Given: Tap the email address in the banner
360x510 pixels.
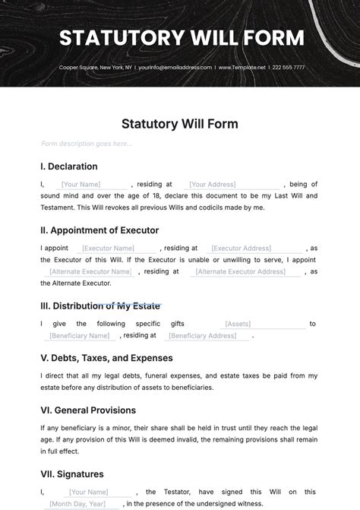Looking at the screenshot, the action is (176, 68).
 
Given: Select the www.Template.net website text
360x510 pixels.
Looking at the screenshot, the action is (242, 68).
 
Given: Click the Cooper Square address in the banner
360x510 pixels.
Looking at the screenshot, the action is (96, 68).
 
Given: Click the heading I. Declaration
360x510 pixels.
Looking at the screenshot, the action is (69, 166).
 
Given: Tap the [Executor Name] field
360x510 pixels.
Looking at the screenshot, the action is (108, 248).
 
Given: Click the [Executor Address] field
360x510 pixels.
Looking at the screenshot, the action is (241, 248).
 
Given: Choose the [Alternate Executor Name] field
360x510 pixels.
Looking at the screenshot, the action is (90, 271).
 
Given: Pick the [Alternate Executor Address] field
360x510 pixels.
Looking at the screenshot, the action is (241, 271).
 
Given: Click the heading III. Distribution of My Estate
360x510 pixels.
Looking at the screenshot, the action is (100, 306).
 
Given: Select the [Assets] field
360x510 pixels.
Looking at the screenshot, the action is (238, 324).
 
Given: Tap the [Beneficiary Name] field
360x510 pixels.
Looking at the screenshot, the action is (80, 335).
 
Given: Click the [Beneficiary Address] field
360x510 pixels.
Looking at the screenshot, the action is (202, 335).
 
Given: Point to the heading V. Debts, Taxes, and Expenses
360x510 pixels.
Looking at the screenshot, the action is (106, 358).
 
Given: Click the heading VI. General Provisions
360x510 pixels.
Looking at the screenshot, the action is (88, 410).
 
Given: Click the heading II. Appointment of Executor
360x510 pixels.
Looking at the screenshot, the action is (99, 230).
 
